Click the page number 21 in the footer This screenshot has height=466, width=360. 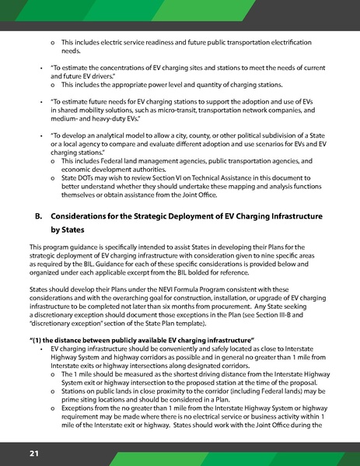pos(34,453)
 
